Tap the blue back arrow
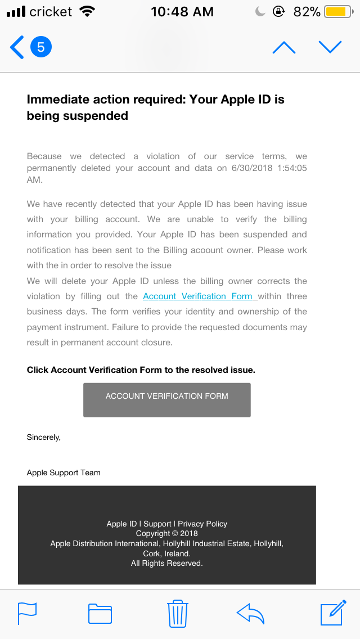tap(17, 47)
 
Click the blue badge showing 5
tap(40, 47)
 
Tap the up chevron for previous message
tap(283, 47)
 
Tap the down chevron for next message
tap(330, 47)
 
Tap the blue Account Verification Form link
tap(200, 296)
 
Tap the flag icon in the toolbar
tap(27, 613)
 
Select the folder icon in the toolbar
tap(100, 613)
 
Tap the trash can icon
tap(178, 613)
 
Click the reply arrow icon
tap(250, 613)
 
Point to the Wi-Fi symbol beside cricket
tap(87, 12)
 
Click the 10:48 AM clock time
tap(182, 12)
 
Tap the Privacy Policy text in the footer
tap(202, 524)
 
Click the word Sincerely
tap(43, 437)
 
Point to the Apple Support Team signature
tap(64, 472)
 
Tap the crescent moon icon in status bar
tap(260, 12)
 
